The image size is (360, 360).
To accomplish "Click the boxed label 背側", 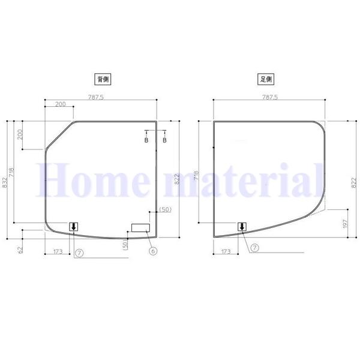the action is pos(103,79).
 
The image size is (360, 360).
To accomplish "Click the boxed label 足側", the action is pos(266,79).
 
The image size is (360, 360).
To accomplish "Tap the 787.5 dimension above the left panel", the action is pos(96,97).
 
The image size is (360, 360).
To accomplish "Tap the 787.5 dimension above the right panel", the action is pos(270,97).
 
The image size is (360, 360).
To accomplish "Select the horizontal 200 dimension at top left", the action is pos(61,104).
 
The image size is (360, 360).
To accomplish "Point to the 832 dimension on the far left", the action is pos(5,182).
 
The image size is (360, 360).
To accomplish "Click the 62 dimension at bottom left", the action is pos(20,250).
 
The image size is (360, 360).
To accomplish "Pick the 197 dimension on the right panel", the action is pos(345,224).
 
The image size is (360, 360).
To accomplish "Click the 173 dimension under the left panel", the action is pos(58,251).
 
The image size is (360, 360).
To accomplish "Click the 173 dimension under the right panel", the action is pos(226,251).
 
